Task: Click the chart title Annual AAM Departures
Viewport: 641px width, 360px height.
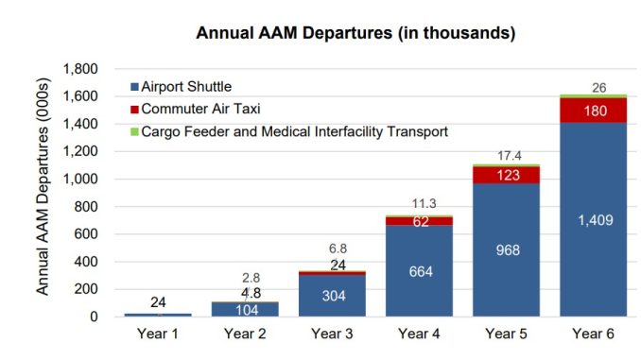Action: (355, 33)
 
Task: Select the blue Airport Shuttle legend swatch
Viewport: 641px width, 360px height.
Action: (134, 87)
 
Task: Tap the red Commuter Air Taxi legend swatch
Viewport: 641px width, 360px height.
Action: (134, 110)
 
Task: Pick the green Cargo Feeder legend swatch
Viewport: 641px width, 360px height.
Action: (134, 132)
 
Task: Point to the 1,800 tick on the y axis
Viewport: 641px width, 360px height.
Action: (80, 69)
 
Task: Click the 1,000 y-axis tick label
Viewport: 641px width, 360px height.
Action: (80, 179)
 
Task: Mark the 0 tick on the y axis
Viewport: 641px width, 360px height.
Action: (94, 317)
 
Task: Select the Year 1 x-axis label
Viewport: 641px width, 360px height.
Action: (158, 334)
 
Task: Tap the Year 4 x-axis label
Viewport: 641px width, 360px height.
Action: (419, 334)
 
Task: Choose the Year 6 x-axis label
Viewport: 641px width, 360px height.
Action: (593, 334)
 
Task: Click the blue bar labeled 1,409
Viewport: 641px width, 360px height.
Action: (593, 219)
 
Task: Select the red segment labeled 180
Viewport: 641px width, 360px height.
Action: (593, 111)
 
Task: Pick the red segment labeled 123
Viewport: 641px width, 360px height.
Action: (506, 176)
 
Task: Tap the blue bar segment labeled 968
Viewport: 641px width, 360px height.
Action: (506, 250)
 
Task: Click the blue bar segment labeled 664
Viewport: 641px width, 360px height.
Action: (419, 271)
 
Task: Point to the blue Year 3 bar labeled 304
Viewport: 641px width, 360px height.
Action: (332, 296)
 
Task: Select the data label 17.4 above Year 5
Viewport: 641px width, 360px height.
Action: (510, 156)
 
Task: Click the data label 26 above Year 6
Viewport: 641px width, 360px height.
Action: (598, 88)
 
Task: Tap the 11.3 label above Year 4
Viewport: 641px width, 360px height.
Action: (424, 203)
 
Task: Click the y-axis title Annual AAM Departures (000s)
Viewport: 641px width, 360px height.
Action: (43, 186)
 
